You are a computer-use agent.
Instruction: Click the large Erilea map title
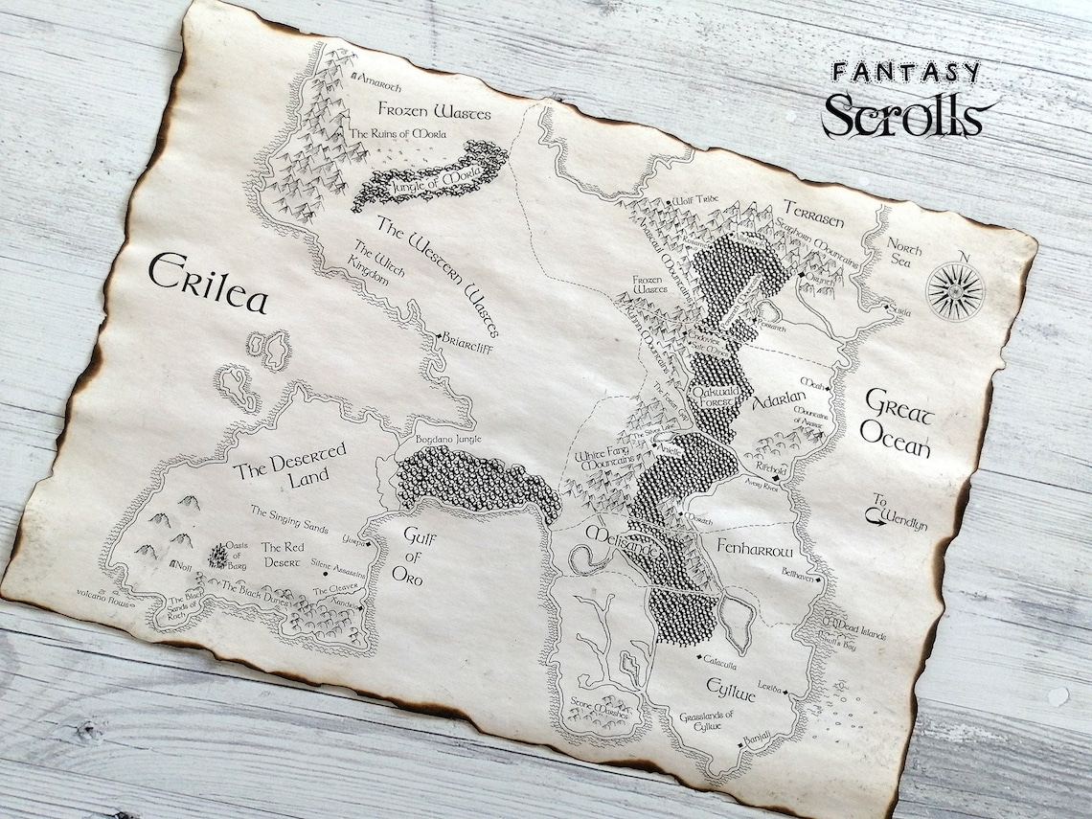click(x=207, y=279)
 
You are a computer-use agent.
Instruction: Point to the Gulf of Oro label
click(x=413, y=557)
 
